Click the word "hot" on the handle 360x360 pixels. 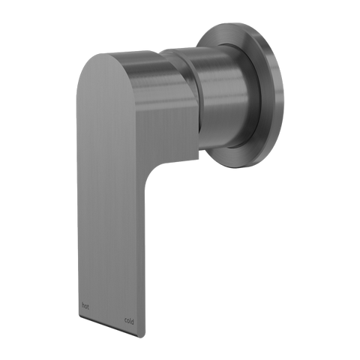85,306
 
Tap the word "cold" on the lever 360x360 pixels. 129,321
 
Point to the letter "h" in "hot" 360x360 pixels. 83,306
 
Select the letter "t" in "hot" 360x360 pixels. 88,307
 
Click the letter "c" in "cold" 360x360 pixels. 125,321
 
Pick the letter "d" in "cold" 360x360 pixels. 132,322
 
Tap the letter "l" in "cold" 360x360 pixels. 130,321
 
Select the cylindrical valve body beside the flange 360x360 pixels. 225,97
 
